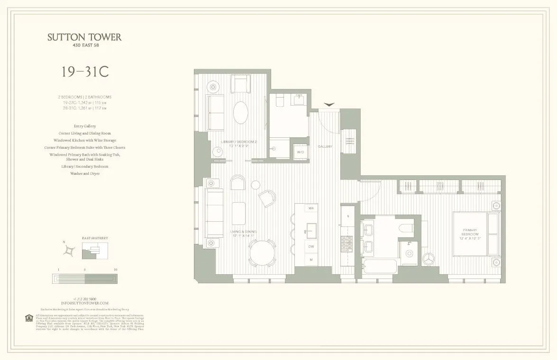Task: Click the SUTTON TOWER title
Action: pos(84,37)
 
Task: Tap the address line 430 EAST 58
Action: pos(84,45)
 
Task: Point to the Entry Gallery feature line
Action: pos(84,126)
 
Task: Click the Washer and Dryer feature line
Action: pos(84,173)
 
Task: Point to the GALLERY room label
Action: pos(325,146)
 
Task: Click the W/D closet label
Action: pos(300,152)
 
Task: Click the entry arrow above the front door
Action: pos(329,104)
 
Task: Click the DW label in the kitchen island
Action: pos(311,247)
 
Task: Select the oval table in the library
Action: pos(241,113)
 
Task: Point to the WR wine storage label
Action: pos(311,208)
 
